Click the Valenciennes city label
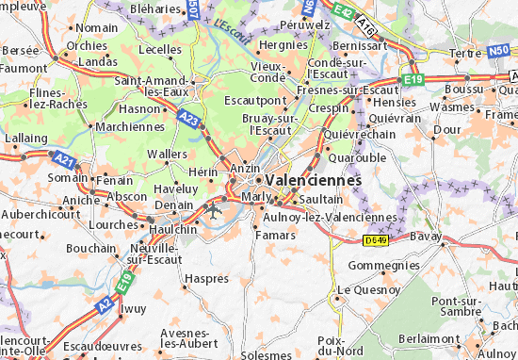314,179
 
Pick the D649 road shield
377,240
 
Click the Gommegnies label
377,265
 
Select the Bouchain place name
90,248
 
